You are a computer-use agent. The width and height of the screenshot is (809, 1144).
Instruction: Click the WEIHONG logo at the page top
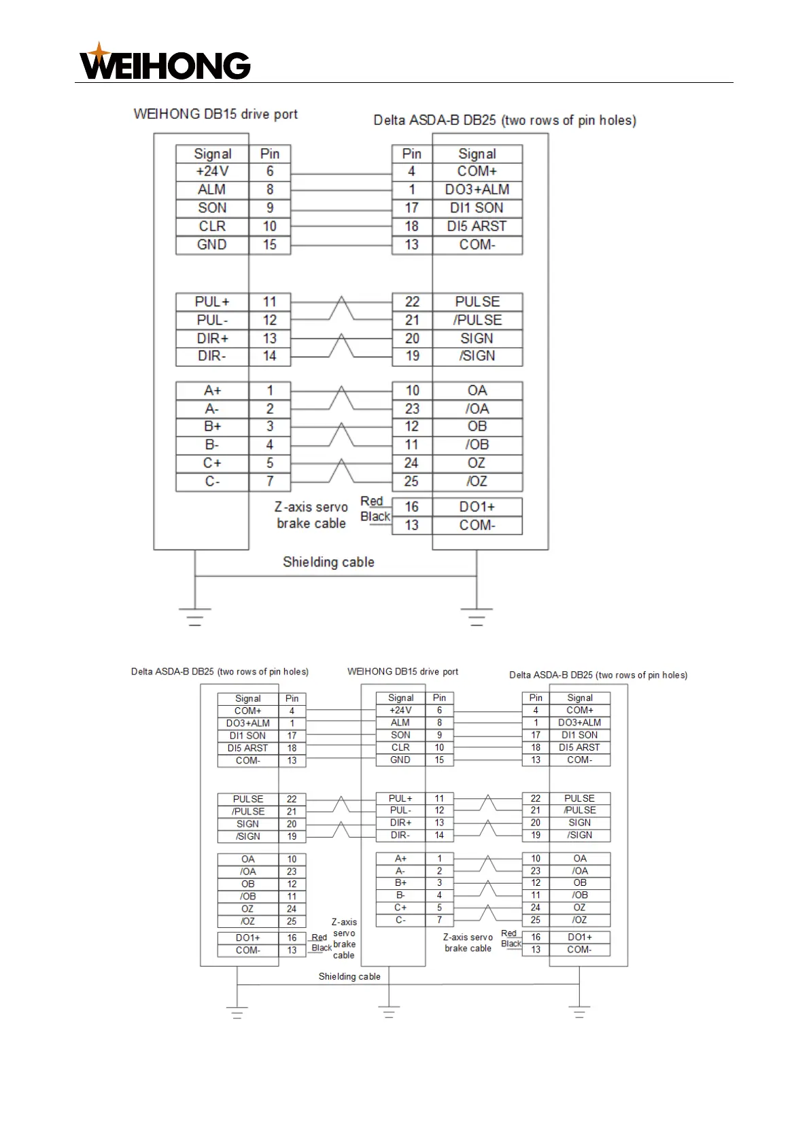pos(165,62)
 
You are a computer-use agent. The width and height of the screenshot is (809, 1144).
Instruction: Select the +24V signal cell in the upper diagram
pos(212,172)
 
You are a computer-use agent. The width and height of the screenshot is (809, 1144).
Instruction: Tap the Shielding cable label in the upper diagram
pos(328,562)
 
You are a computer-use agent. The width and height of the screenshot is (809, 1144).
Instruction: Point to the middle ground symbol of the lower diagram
pos(389,1013)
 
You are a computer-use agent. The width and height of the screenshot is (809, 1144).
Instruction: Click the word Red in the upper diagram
pos(372,501)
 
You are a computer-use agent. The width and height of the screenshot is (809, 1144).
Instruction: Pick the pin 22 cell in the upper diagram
pos(412,302)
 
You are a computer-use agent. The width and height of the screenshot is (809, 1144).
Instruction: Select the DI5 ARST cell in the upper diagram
pos(477,226)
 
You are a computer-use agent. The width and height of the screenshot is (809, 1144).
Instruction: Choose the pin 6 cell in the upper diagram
pos(270,172)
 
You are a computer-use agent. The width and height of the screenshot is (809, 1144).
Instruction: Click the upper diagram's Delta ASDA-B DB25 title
pos(504,121)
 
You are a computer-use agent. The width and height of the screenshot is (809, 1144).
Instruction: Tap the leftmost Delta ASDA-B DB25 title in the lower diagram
pos(220,672)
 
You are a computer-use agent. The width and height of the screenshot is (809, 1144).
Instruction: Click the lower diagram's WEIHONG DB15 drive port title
pos(402,672)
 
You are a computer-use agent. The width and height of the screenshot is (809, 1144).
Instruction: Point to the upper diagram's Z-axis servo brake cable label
pos(311,515)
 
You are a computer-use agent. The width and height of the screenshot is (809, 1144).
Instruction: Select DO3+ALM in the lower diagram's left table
pos(248,723)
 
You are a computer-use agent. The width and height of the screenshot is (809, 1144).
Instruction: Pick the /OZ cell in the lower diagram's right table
pos(579,920)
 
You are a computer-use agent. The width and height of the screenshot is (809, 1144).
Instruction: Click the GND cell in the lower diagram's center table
pos(400,760)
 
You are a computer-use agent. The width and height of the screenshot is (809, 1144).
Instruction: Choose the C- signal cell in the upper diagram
pos(212,482)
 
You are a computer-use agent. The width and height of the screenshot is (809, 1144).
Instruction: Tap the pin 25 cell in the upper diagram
pos(412,482)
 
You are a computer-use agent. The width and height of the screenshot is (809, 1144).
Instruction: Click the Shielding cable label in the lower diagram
pos(349,977)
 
